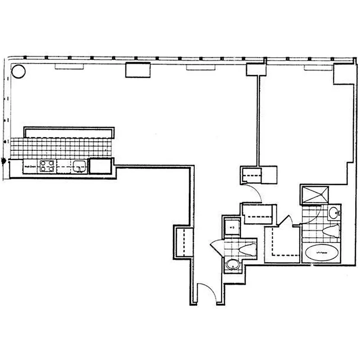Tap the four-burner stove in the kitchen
(x=47, y=166)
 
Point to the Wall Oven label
(x=30, y=167)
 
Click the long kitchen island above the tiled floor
(x=68, y=132)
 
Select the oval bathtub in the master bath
(x=320, y=254)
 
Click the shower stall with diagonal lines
(x=317, y=194)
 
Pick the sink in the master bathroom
(x=333, y=213)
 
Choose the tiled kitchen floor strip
(x=61, y=148)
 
